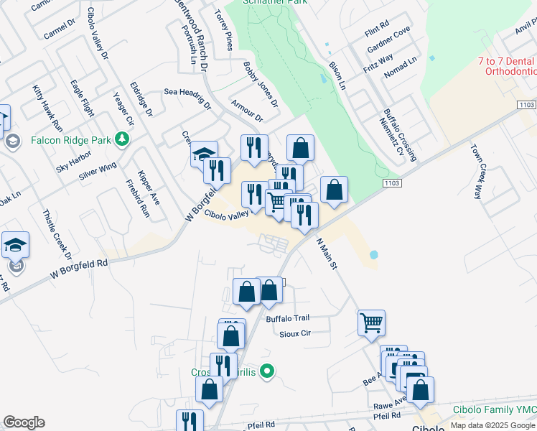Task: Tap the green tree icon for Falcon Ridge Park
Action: pyautogui.click(x=123, y=138)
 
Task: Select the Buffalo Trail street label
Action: pyautogui.click(x=287, y=318)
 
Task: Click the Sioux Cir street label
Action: pyautogui.click(x=295, y=333)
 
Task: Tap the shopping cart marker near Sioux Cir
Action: pyautogui.click(x=371, y=323)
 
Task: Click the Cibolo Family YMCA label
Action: pyautogui.click(x=494, y=409)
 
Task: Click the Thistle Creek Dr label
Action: pyautogui.click(x=57, y=234)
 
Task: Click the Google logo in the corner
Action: pyautogui.click(x=24, y=422)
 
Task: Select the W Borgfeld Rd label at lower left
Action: pyautogui.click(x=79, y=269)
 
